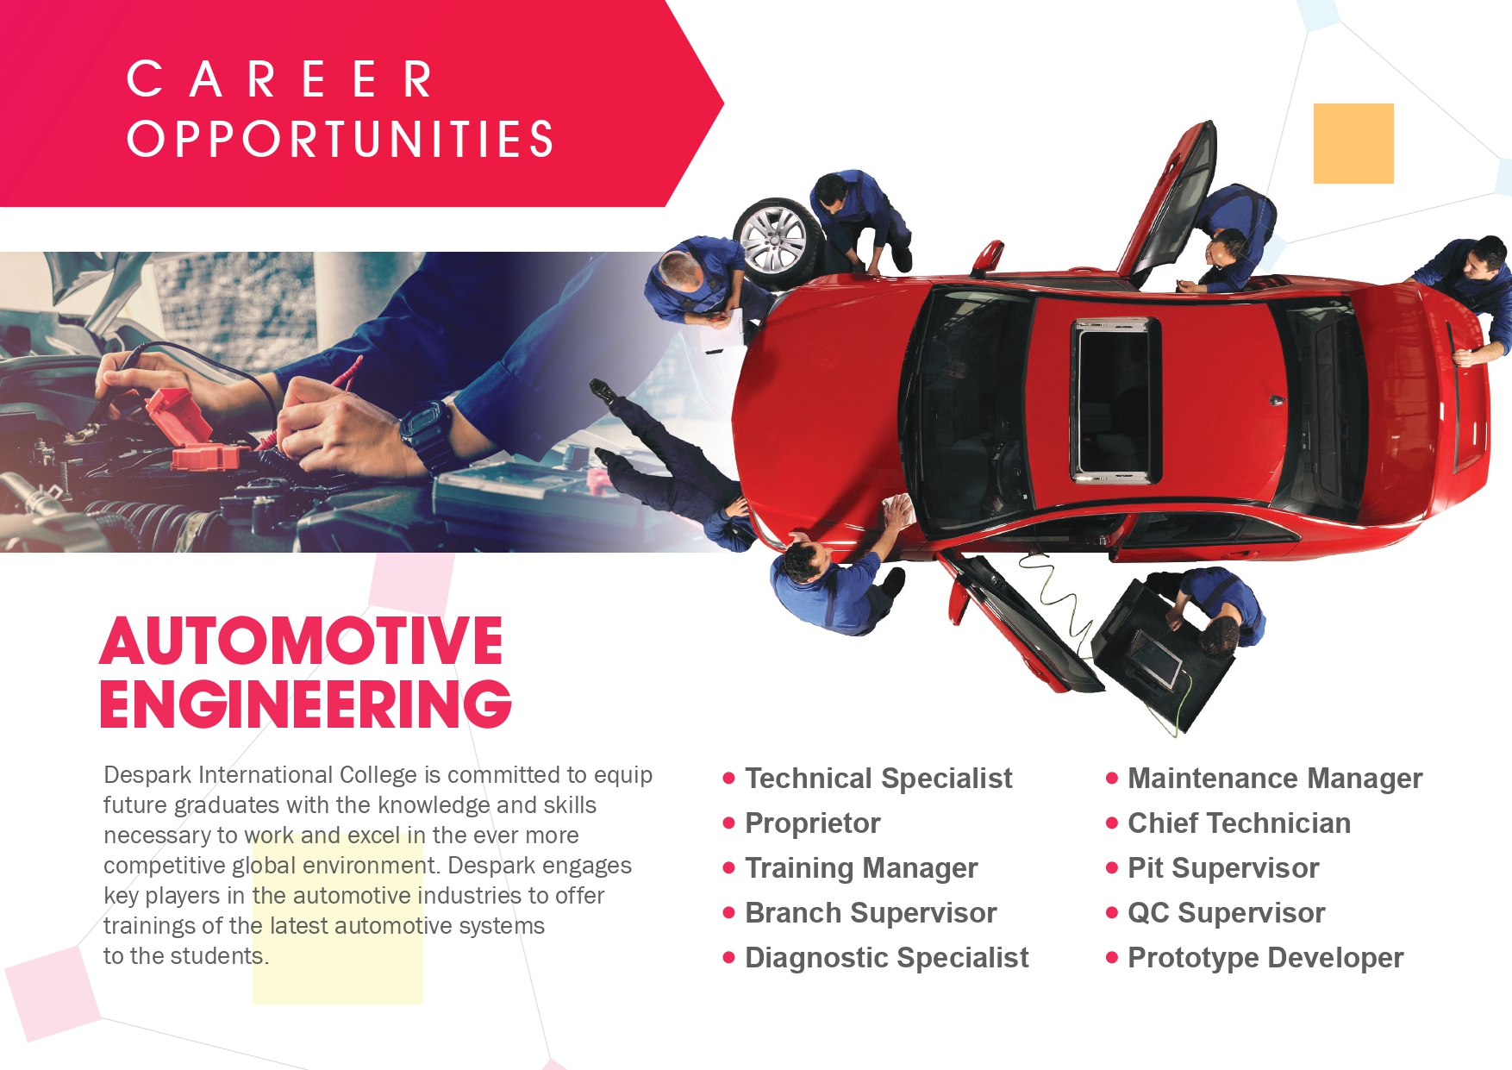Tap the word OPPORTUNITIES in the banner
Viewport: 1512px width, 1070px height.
341,140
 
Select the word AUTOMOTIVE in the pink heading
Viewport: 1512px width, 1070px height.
301,641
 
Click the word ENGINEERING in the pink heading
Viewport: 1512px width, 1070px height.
306,704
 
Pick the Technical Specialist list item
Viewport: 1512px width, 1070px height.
878,779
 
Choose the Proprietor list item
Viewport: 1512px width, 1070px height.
812,823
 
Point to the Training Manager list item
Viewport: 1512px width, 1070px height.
861,868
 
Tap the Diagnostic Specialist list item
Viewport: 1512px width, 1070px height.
886,958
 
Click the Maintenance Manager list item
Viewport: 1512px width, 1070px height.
1275,779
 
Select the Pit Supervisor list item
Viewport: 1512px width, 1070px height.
1223,868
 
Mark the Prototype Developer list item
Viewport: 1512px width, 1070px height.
1265,958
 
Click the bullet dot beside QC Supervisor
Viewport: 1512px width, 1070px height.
1112,913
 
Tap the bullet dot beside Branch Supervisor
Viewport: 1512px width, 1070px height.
729,913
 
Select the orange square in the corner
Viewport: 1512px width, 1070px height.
1353,143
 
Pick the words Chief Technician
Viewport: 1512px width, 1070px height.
1239,823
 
